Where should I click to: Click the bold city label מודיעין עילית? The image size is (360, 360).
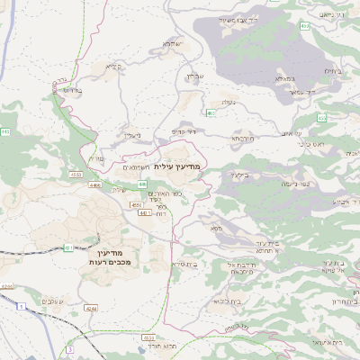(178, 166)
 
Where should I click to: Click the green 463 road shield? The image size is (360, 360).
(210, 112)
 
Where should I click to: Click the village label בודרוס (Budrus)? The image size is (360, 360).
(74, 90)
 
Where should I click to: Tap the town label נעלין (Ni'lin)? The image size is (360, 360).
(131, 135)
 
